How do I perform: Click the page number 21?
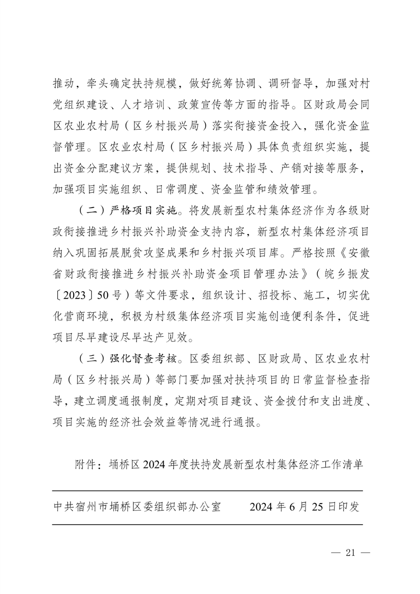(349, 553)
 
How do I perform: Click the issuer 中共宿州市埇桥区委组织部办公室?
(137, 507)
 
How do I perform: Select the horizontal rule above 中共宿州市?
(207, 491)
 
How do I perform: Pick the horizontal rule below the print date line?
(207, 525)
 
